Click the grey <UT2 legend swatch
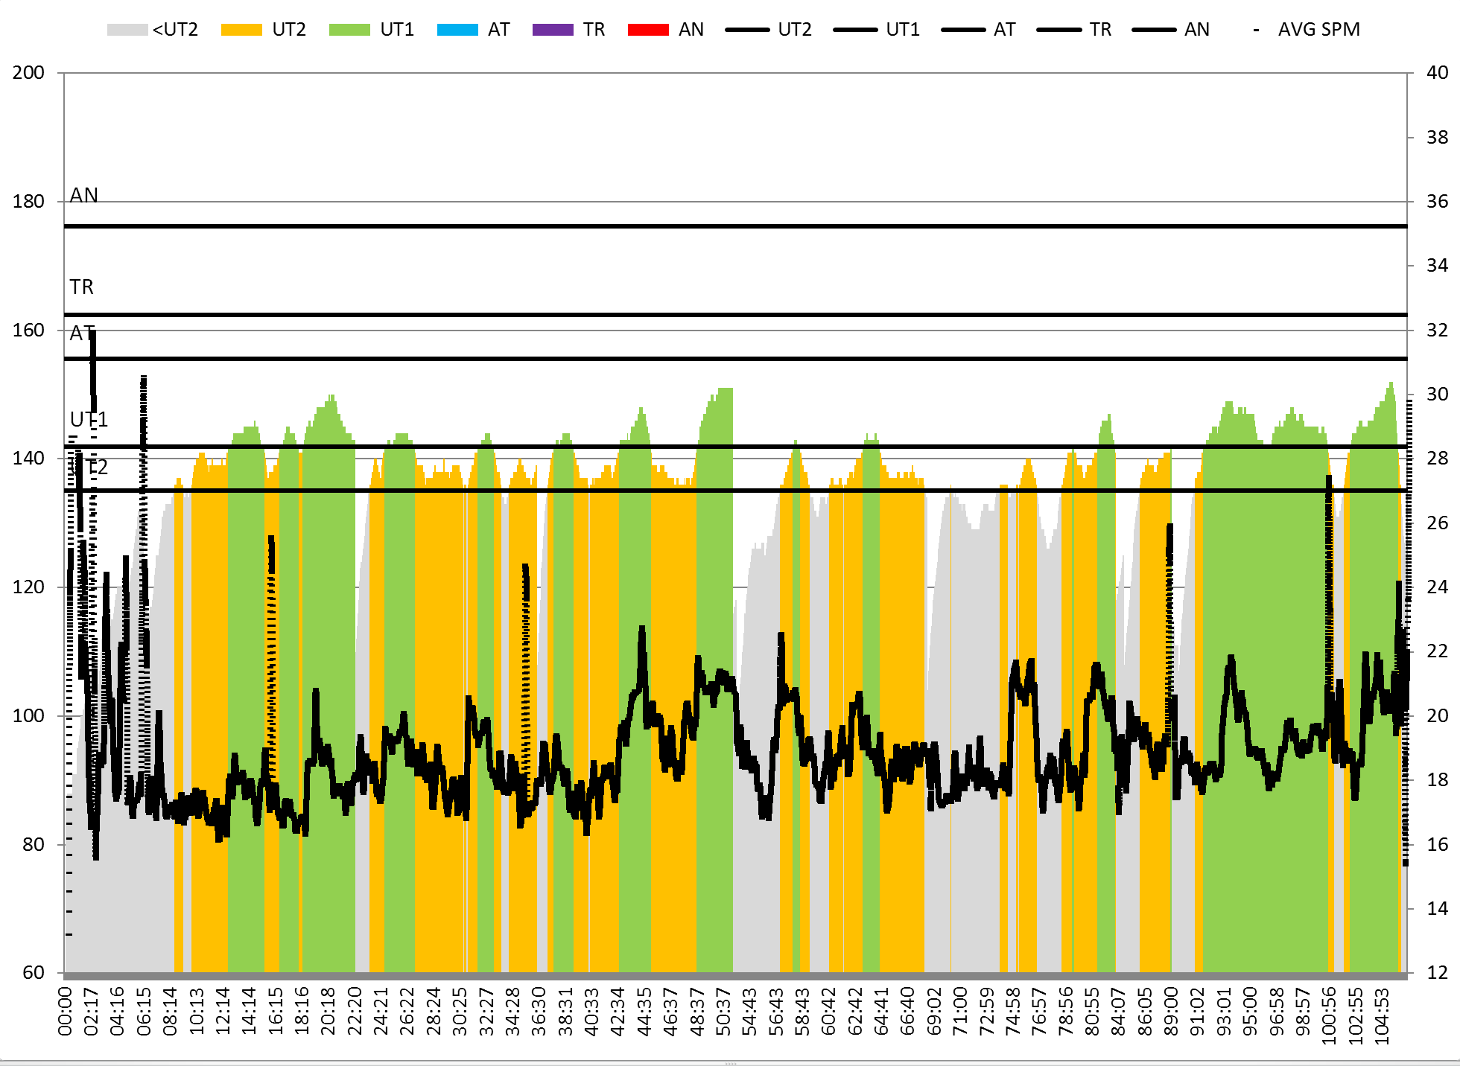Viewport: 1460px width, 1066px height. (x=127, y=30)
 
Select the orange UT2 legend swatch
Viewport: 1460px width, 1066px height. (x=241, y=30)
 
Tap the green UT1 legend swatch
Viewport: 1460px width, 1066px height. (x=349, y=30)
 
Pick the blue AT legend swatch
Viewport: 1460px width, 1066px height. (x=457, y=30)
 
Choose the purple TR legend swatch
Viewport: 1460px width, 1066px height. (x=553, y=30)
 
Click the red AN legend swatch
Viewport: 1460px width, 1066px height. (x=648, y=30)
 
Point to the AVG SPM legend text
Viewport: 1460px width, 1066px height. (x=1318, y=30)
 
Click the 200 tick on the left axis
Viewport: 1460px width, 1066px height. (x=28, y=73)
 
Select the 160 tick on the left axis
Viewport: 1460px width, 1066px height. (x=28, y=330)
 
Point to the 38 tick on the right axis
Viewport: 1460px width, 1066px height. (x=1437, y=137)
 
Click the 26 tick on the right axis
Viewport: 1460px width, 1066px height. (x=1437, y=523)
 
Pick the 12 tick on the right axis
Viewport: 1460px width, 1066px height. (x=1437, y=972)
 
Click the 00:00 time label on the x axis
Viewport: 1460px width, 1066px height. (x=66, y=1011)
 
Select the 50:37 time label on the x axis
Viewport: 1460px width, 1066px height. (x=723, y=1011)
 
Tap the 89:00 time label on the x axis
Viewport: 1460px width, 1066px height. (x=1171, y=1011)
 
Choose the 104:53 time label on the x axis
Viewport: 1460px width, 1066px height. (x=1383, y=1016)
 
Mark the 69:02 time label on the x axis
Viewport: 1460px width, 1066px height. (x=934, y=1011)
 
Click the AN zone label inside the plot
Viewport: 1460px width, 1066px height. (x=83, y=195)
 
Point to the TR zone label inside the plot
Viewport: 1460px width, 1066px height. (x=82, y=287)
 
